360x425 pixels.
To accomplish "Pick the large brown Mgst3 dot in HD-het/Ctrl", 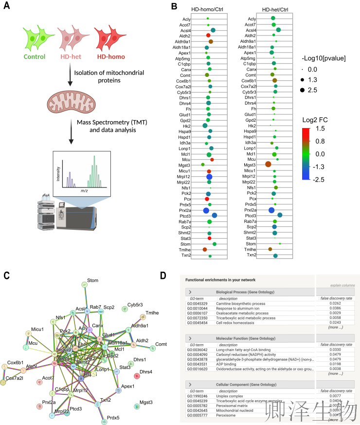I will pyautogui.click(x=268, y=164).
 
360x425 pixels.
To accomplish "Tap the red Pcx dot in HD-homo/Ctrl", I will pyautogui.click(x=207, y=199).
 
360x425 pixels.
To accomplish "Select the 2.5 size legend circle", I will pyautogui.click(x=308, y=90).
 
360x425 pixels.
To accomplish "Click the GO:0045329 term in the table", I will pyautogui.click(x=198, y=303).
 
